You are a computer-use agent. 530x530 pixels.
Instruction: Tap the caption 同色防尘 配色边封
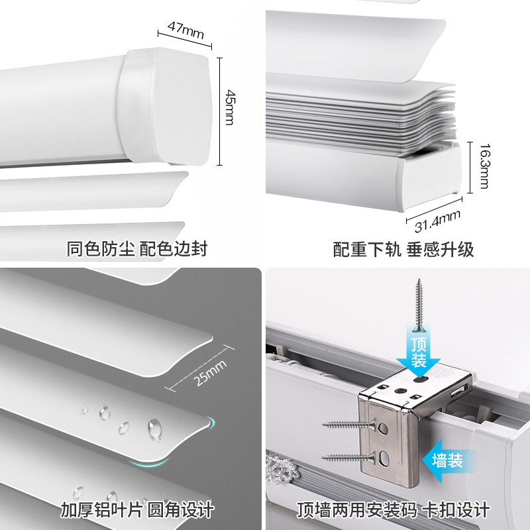click(x=137, y=249)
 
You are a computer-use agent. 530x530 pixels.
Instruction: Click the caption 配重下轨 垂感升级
click(x=403, y=249)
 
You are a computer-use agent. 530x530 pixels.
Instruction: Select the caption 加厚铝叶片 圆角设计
click(x=137, y=509)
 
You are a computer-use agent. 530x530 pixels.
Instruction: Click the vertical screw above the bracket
click(x=419, y=305)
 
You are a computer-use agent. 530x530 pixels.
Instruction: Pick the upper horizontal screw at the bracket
click(x=345, y=425)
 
